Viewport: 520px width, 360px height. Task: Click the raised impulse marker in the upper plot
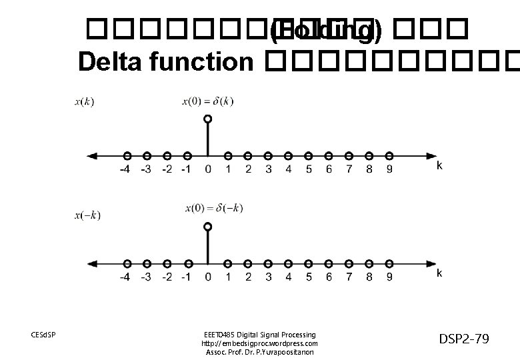[208, 119]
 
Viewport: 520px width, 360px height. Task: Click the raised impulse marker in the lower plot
[208, 227]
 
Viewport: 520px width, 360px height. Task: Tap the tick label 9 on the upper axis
[389, 169]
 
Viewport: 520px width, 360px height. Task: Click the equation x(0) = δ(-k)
[215, 209]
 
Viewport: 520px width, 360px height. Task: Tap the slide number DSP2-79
[464, 339]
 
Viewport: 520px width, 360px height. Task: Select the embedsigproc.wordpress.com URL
[259, 343]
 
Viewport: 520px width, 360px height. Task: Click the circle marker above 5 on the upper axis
[309, 155]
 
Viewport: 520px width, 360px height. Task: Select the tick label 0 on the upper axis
[208, 169]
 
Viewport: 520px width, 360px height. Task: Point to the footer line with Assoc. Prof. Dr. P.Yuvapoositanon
[259, 352]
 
